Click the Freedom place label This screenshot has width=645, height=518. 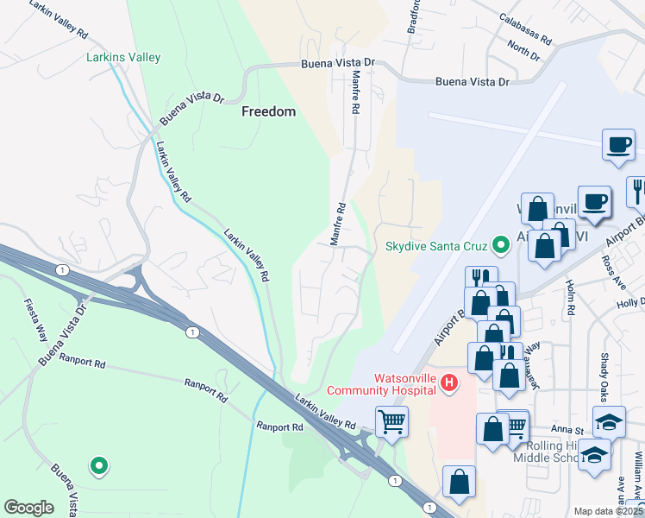[x=268, y=111]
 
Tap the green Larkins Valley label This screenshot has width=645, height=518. [x=123, y=58]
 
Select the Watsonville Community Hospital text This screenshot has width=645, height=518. [x=405, y=384]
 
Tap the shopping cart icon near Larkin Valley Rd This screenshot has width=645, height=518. [x=392, y=422]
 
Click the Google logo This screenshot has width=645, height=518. [x=28, y=508]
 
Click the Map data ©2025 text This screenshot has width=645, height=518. [x=608, y=511]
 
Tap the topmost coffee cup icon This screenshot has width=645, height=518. [x=618, y=144]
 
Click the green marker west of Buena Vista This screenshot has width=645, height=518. [x=99, y=466]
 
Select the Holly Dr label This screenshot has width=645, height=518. [x=630, y=303]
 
